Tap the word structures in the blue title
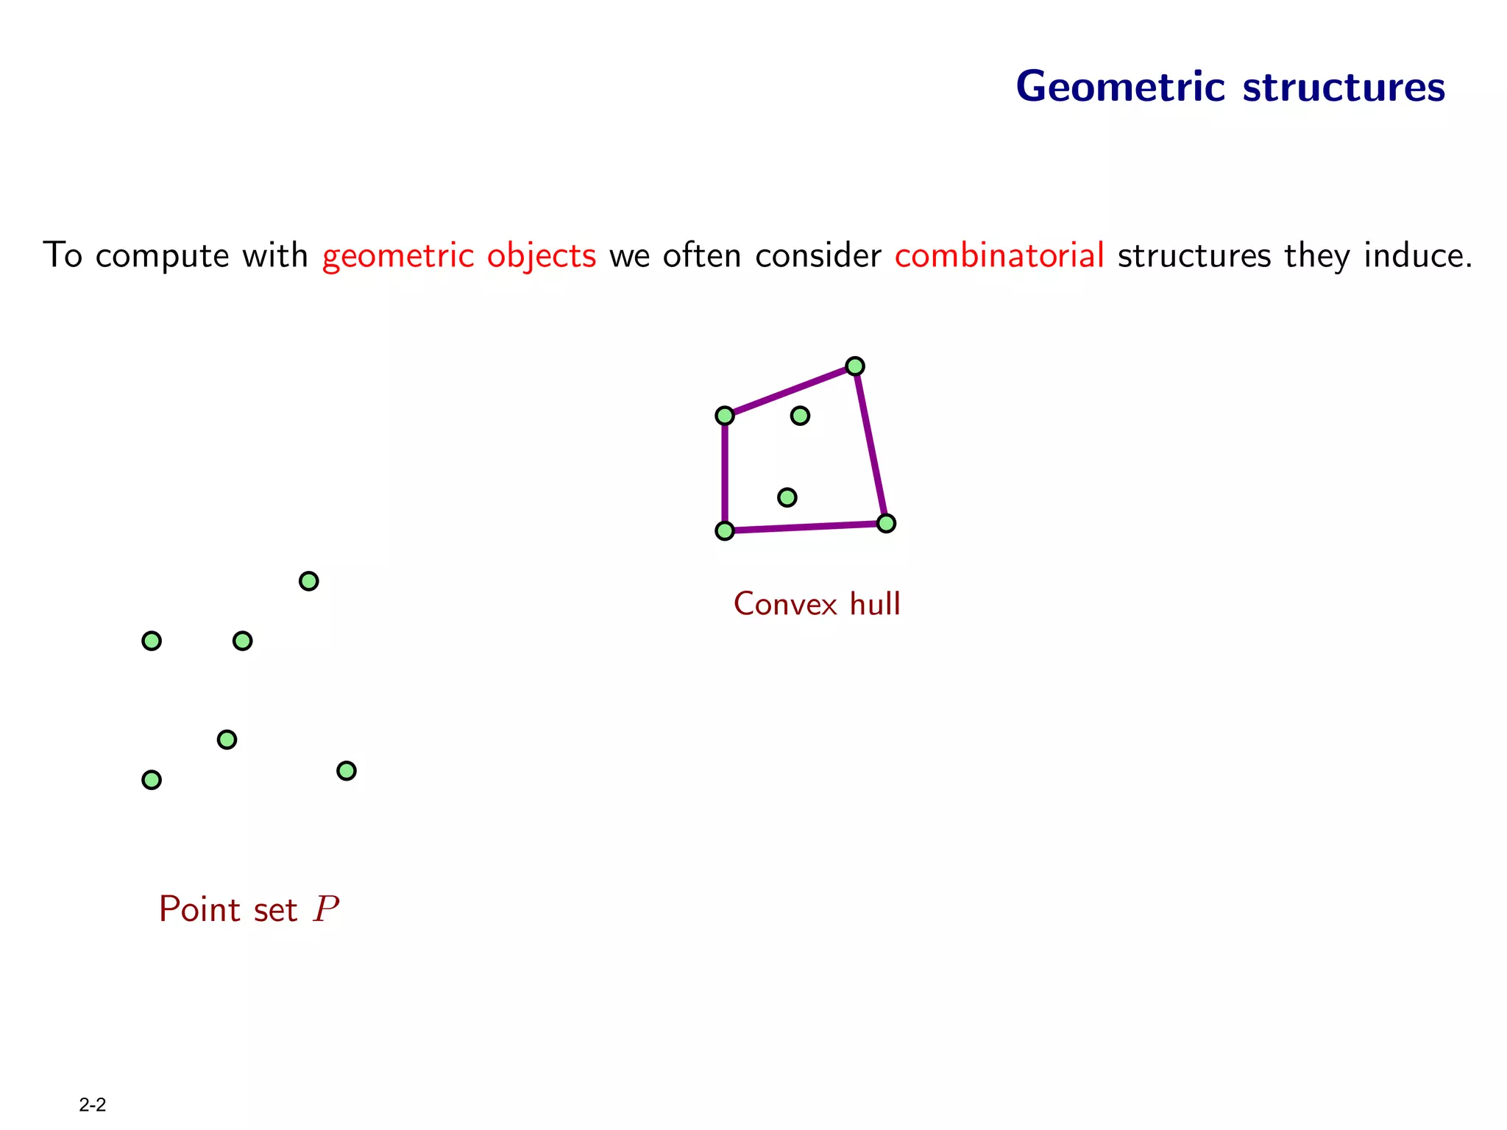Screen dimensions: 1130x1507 (1344, 87)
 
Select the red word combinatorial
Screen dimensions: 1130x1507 (999, 255)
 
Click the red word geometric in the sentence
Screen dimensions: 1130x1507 (398, 256)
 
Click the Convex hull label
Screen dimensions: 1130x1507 (817, 604)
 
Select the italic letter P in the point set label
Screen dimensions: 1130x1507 (326, 909)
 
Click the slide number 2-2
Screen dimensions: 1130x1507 (93, 1104)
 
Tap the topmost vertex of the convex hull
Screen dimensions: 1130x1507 (854, 366)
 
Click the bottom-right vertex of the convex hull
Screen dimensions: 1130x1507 (886, 523)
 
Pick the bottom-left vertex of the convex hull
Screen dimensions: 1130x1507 (725, 530)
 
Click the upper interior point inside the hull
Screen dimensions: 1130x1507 (800, 416)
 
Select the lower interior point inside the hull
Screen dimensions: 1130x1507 (787, 497)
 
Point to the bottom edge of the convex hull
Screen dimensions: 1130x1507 (806, 527)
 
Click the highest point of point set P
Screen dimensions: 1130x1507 (309, 581)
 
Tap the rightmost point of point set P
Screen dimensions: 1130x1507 (347, 770)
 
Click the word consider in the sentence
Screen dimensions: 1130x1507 (818, 255)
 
